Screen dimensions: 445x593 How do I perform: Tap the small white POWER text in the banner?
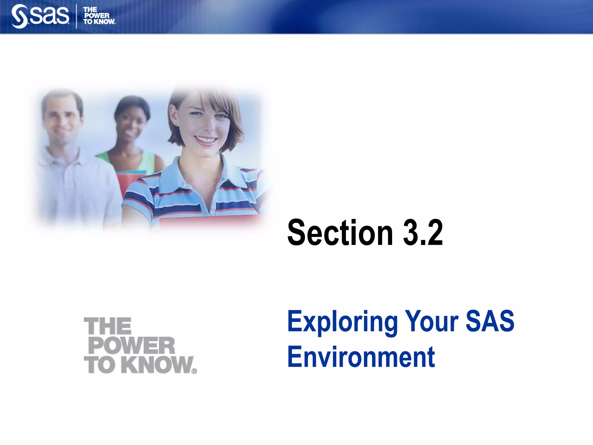[97, 16]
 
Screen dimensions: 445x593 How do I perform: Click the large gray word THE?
[108, 326]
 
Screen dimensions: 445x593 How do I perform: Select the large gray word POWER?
[132, 345]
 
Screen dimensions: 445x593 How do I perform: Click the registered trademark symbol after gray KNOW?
[194, 371]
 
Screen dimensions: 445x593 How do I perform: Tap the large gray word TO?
[100, 365]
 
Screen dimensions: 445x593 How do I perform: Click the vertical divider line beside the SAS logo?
[76, 16]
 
